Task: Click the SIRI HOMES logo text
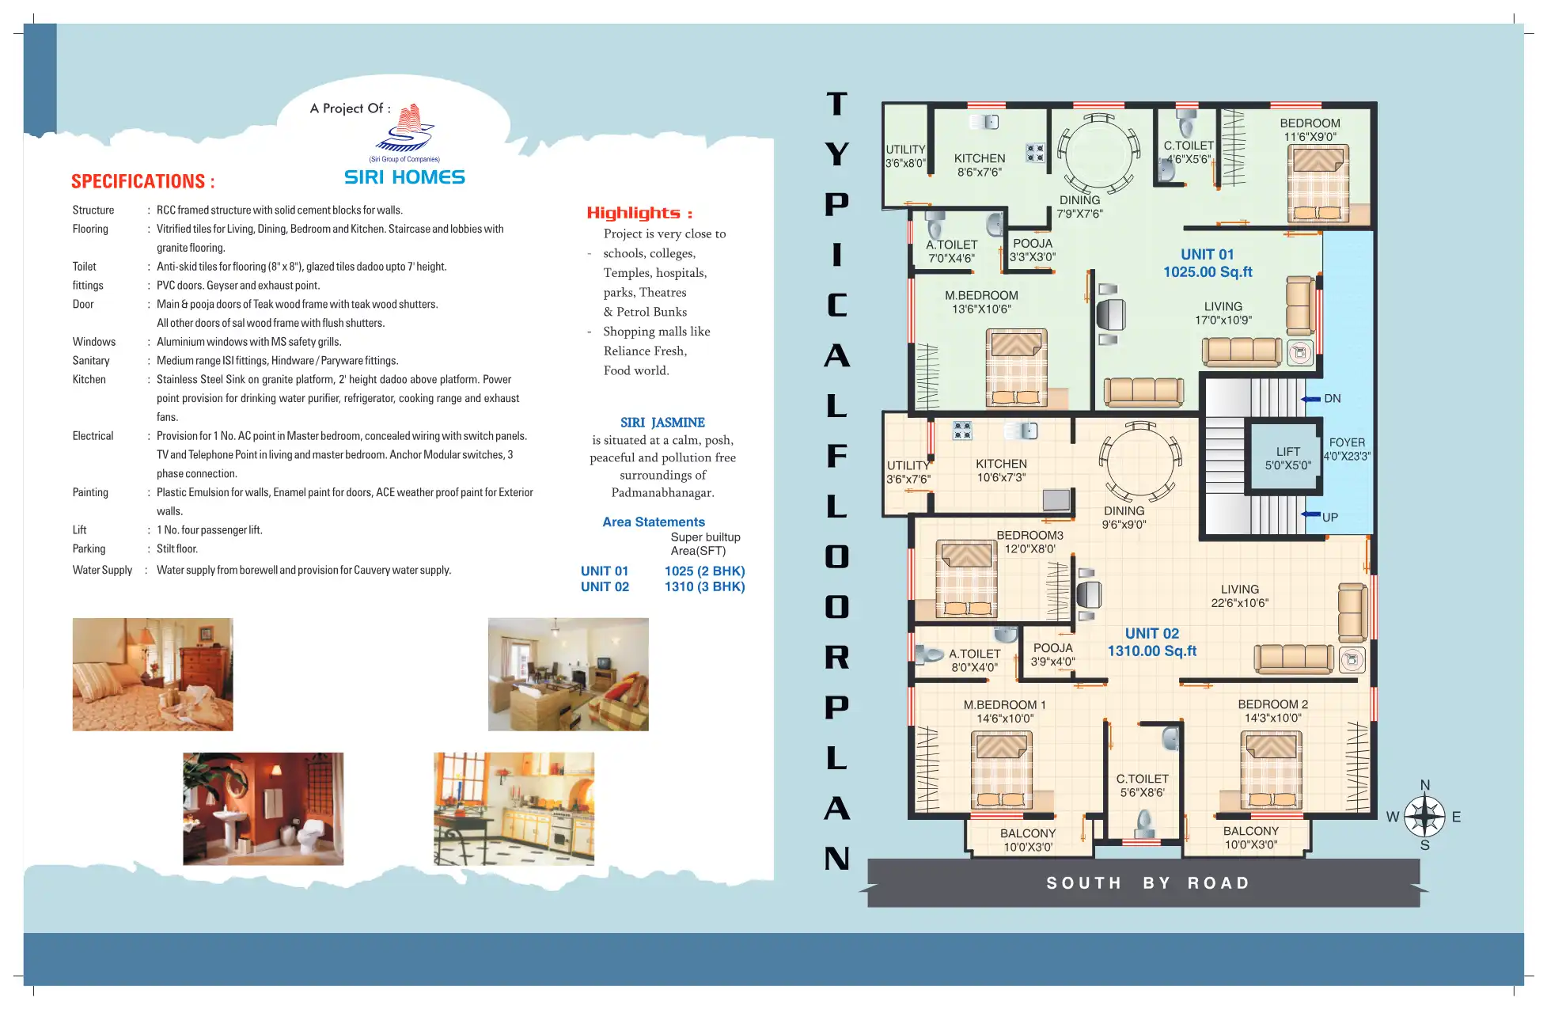coord(404,177)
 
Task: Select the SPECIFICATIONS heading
coord(142,181)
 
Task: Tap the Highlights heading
coord(639,213)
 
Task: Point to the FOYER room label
coord(1347,442)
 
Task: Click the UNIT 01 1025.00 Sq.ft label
coord(1208,263)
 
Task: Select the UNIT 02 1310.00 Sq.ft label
coord(1152,642)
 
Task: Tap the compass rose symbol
coord(1424,816)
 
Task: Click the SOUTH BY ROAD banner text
coord(1148,883)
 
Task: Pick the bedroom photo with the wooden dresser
coord(153,674)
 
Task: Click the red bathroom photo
coord(264,809)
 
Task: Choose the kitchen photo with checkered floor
coord(514,809)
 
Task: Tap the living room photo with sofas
coord(568,674)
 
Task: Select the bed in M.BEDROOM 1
coord(1001,770)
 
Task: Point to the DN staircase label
coord(1333,399)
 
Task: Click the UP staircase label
coord(1330,518)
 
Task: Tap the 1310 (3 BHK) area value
coord(704,586)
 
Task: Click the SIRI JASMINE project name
coord(662,423)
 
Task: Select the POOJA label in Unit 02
coord(1052,648)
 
